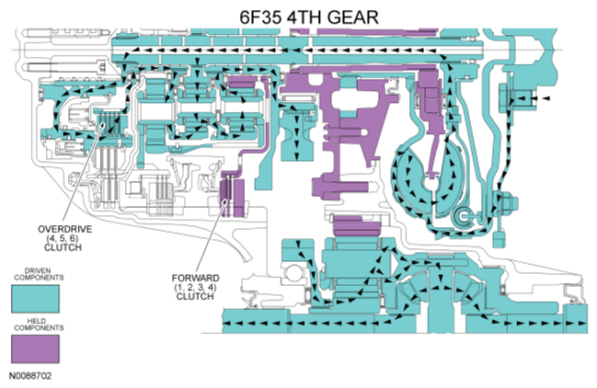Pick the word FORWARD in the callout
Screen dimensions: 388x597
tap(194, 277)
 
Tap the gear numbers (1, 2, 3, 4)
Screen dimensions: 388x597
tap(194, 287)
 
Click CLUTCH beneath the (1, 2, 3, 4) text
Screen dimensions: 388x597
tap(194, 297)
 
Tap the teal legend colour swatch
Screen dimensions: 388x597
tap(35, 298)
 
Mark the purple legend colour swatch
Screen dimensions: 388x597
tap(35, 348)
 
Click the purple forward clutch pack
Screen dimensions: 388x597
tap(231, 198)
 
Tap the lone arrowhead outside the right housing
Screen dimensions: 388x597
tap(545, 97)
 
